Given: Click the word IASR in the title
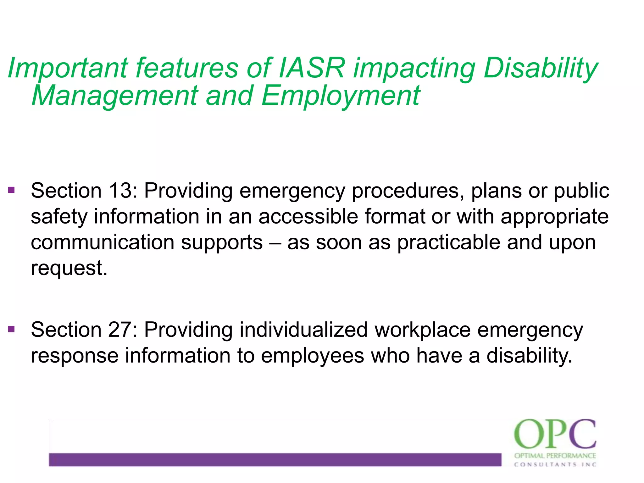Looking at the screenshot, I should click(312, 68).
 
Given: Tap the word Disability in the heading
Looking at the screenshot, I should click(540, 68).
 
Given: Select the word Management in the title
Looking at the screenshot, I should click(115, 96).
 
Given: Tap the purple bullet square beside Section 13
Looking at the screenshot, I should click(12, 190).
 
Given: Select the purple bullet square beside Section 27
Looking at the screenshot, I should click(12, 329).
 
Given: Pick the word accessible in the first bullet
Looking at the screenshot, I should click(308, 217).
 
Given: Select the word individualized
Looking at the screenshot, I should click(303, 330).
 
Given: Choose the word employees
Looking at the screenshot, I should click(312, 356).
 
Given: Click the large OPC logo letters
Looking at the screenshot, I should click(555, 434).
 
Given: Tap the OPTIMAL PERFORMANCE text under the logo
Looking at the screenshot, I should click(555, 456).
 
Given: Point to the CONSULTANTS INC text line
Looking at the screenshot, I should click(555, 464).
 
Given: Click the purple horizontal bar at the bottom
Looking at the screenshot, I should click(275, 459).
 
